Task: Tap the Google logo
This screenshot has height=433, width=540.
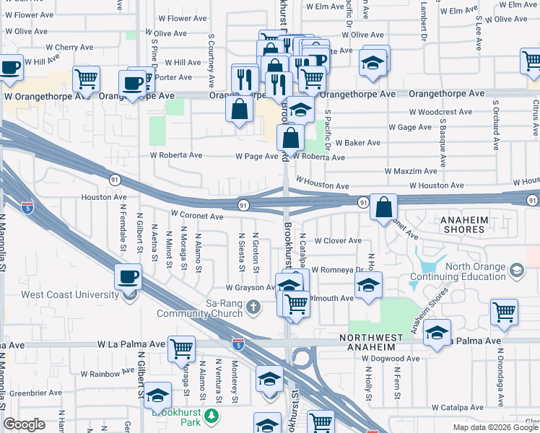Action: click(24, 424)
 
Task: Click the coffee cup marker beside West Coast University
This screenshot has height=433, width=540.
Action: click(129, 276)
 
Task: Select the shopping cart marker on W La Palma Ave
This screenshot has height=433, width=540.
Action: click(182, 349)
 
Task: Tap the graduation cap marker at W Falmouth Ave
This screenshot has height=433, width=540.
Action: click(368, 284)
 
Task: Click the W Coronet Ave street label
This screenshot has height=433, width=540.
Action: click(197, 215)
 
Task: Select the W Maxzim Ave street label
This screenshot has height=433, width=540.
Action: click(411, 171)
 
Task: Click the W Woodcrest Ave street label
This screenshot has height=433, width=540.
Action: click(441, 112)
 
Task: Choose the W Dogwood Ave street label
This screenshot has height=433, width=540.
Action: click(391, 358)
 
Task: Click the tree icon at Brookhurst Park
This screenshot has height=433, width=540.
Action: click(212, 416)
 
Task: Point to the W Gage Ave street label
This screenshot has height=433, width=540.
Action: click(410, 127)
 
